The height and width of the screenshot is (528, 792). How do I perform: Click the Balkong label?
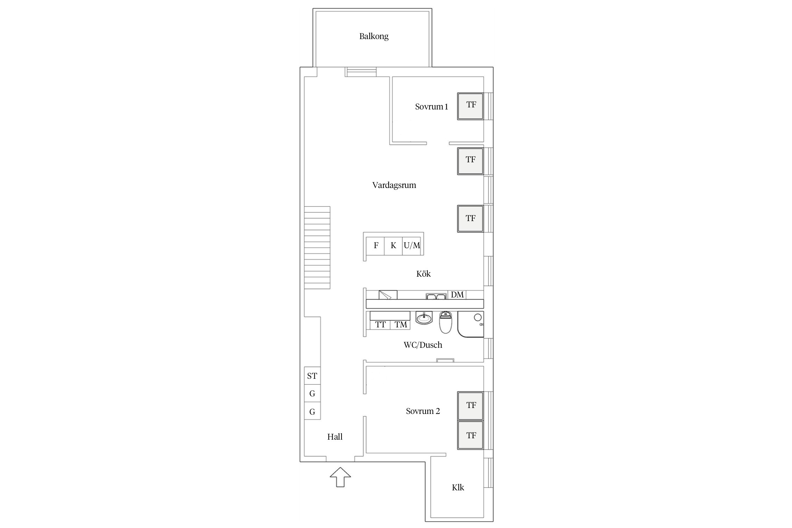(x=374, y=36)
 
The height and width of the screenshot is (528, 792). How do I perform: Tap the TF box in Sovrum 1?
(x=471, y=106)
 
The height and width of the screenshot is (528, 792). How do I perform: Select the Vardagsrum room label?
(x=394, y=185)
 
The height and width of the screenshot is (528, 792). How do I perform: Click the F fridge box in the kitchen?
(x=376, y=245)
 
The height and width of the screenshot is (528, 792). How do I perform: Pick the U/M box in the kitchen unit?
(x=412, y=245)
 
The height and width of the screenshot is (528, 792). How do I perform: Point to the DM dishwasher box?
(x=457, y=295)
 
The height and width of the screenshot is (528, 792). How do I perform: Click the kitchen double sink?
(x=436, y=296)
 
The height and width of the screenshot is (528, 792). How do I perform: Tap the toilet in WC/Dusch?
(x=445, y=322)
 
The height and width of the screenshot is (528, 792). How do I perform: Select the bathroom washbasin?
(x=424, y=318)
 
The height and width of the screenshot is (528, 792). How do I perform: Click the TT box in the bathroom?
(x=380, y=325)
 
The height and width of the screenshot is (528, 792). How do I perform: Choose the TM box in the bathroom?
(x=401, y=325)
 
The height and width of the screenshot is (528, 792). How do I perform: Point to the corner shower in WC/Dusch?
(x=471, y=324)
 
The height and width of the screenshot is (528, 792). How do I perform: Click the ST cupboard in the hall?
(x=312, y=376)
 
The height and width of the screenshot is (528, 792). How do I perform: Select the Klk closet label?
(x=458, y=488)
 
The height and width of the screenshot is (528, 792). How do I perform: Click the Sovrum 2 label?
(x=423, y=411)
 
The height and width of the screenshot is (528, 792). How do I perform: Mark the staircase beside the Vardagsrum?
(x=317, y=247)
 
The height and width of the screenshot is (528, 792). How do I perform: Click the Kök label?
(x=423, y=274)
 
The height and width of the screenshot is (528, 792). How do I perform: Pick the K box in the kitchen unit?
(x=394, y=245)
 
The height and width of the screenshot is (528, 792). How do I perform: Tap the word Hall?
(x=335, y=437)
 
